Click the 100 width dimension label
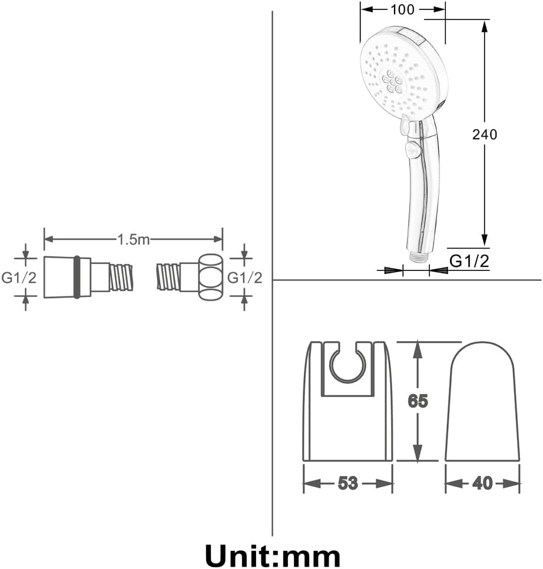(x=402, y=9)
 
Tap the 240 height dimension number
(x=484, y=134)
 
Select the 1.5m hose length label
(x=133, y=239)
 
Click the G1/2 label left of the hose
(x=19, y=277)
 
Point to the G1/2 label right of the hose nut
(x=245, y=277)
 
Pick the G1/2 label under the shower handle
(x=469, y=261)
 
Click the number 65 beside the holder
(x=418, y=401)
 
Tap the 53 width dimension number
(x=348, y=483)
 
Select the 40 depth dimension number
(x=482, y=483)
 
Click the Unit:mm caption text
(x=273, y=555)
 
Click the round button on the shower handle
(x=412, y=150)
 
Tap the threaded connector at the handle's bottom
(x=419, y=256)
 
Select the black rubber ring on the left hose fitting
(x=77, y=277)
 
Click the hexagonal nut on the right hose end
(x=210, y=277)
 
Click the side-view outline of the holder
(x=482, y=401)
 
